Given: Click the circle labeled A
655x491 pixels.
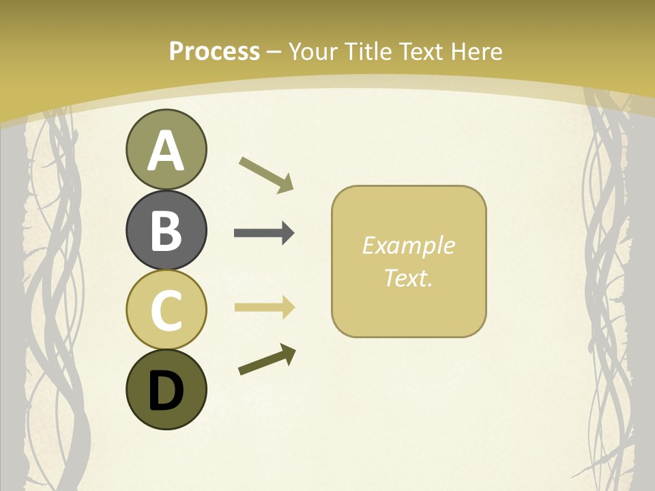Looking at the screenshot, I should tap(166, 149).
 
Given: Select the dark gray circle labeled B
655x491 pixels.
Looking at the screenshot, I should tap(166, 230).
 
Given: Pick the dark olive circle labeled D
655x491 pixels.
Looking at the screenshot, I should tap(166, 389).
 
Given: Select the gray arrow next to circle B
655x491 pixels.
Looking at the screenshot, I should tap(263, 233).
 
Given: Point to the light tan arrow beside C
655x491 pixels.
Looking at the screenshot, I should tap(263, 307).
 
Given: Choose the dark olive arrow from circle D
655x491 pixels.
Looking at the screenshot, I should tap(267, 360).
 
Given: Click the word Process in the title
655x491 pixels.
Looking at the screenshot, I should tap(214, 52).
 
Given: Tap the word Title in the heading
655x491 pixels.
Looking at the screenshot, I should tap(369, 52).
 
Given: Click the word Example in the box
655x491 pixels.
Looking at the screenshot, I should tap(408, 245).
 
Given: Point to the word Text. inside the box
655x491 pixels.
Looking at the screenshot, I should tap(408, 278).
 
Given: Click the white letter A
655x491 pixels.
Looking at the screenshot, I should tap(166, 151).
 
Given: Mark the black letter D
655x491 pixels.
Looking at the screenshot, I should tap(166, 391).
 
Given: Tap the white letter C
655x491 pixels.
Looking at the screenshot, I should tap(166, 310).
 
